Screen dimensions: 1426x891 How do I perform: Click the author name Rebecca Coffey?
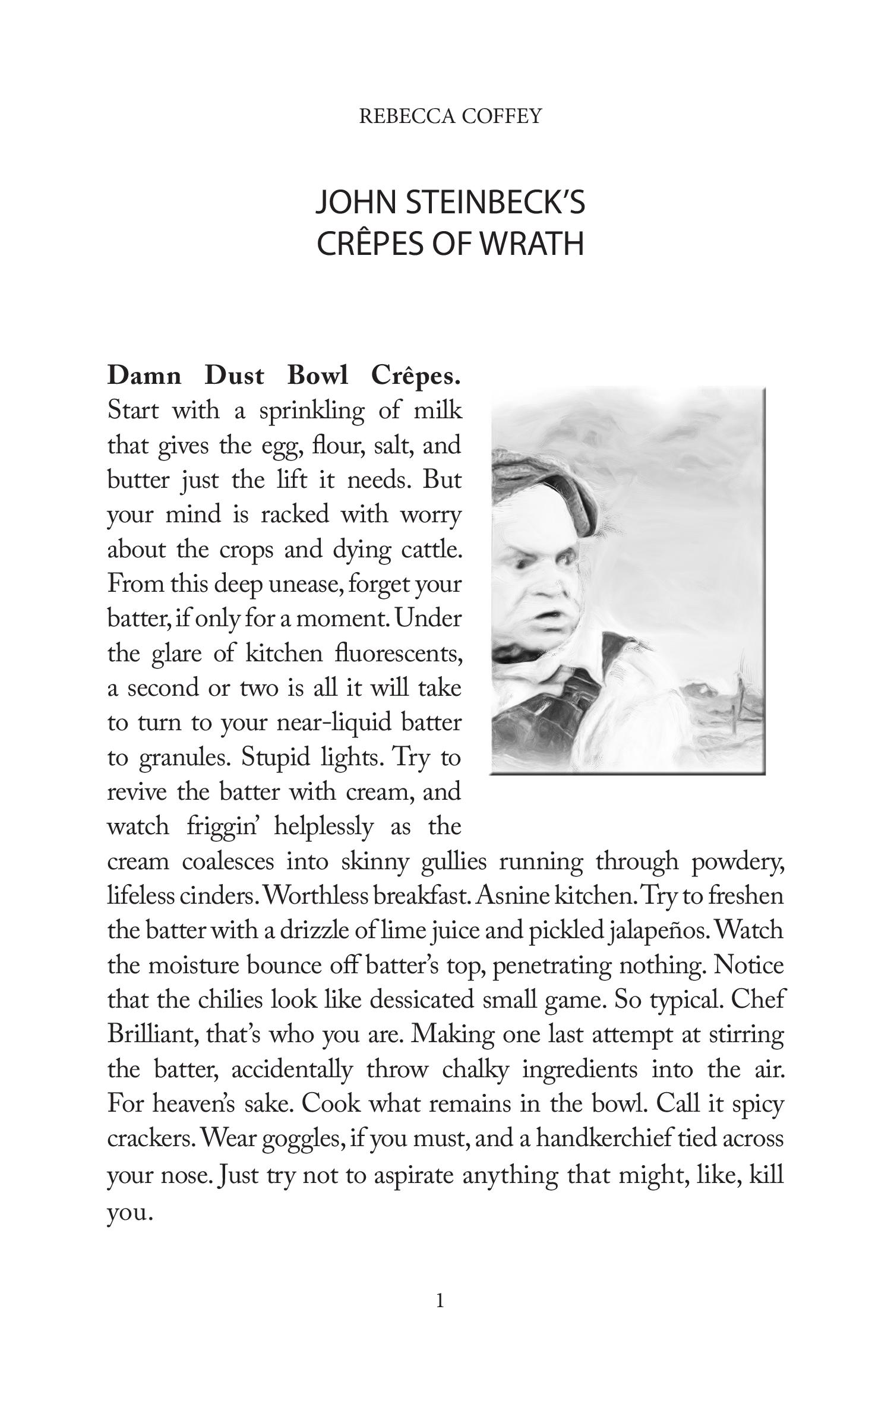450,116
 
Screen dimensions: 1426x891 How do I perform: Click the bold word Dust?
233,376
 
